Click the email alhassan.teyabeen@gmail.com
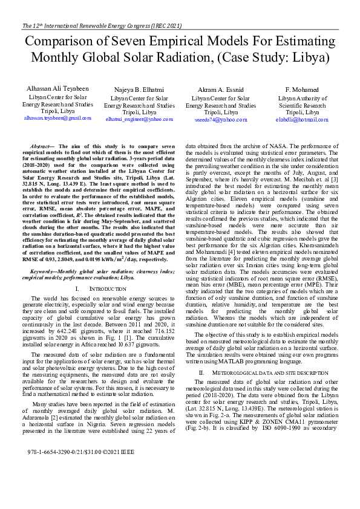59,118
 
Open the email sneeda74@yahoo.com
220,120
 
